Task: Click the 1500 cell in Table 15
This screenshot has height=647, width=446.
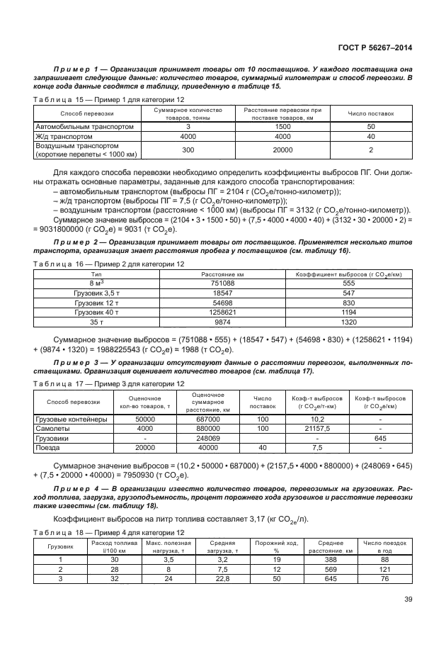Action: [x=282, y=126]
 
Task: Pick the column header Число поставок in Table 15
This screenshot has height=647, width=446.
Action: [x=371, y=113]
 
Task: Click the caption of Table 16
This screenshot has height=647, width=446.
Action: [x=108, y=264]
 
